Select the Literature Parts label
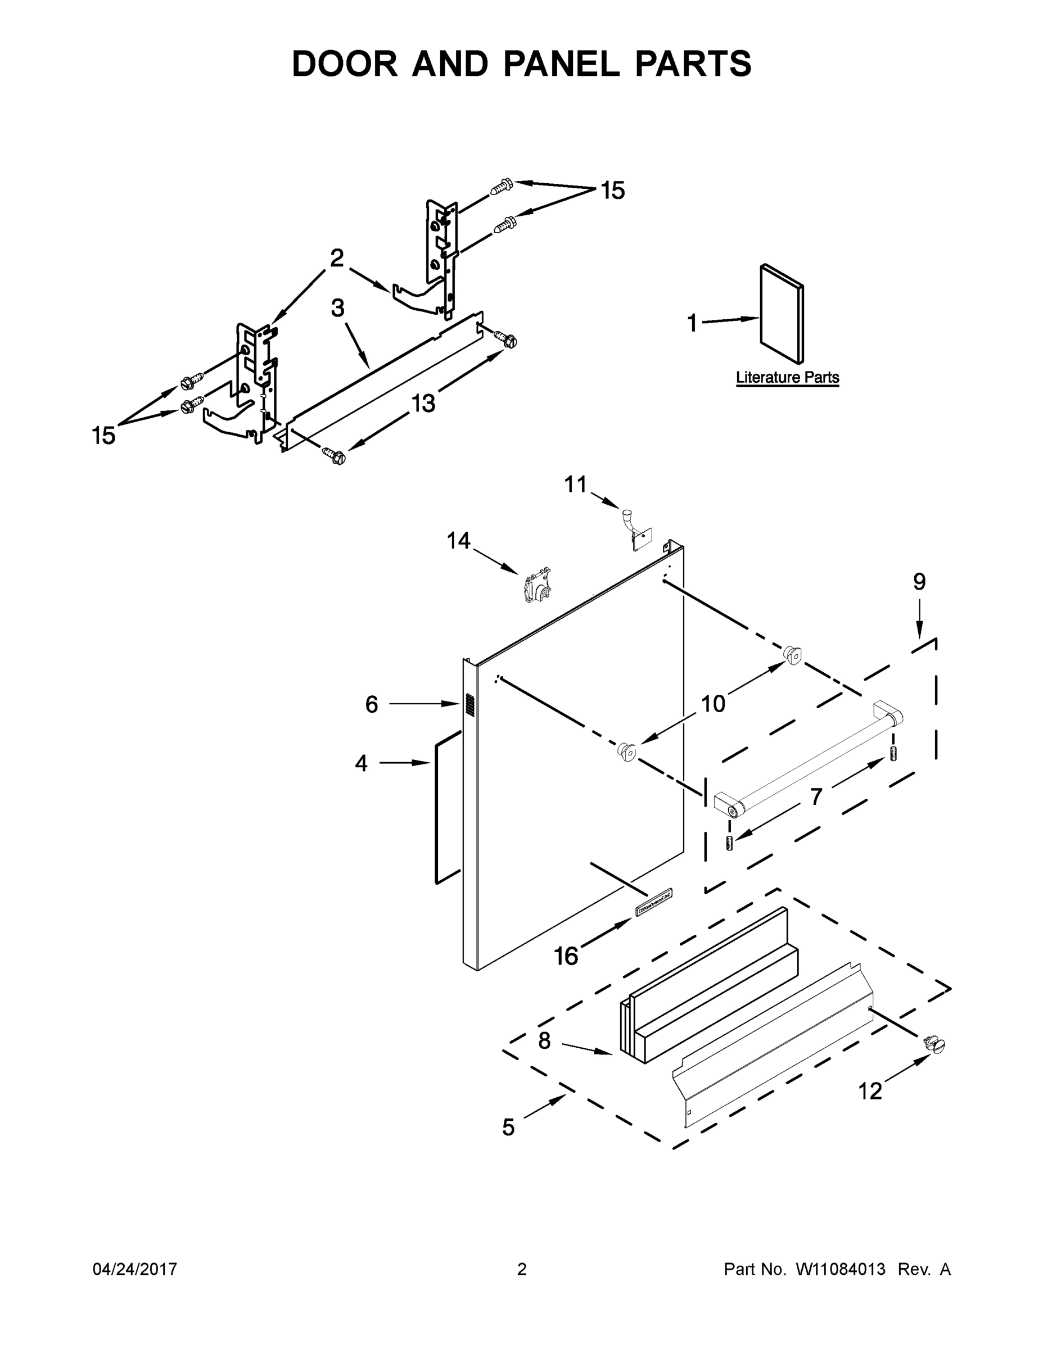click(787, 377)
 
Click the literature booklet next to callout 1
click(782, 313)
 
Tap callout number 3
click(337, 307)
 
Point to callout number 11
click(575, 485)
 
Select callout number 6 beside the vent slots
click(371, 704)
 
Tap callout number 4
click(362, 763)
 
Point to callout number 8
click(544, 1040)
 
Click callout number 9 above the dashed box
click(919, 581)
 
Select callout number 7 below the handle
click(816, 797)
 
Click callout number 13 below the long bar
click(423, 404)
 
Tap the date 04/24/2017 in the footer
click(135, 1269)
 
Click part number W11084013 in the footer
click(841, 1269)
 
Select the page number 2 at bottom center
click(522, 1269)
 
